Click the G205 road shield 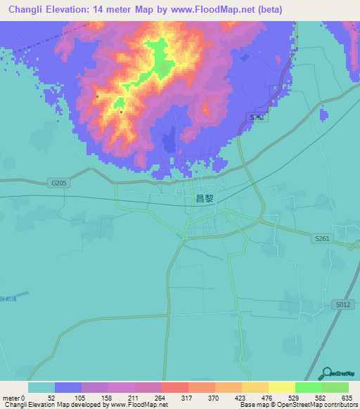[x=59, y=183]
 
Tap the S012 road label [x=342, y=304]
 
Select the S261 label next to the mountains [x=257, y=117]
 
